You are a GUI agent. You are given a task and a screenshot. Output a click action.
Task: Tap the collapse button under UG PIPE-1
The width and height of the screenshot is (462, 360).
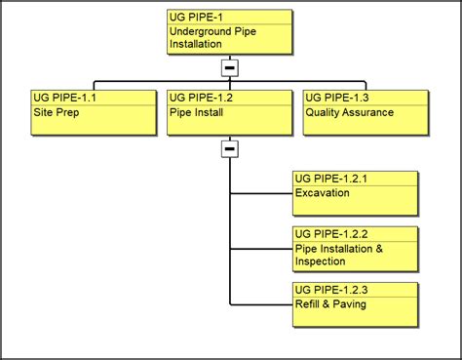(x=229, y=67)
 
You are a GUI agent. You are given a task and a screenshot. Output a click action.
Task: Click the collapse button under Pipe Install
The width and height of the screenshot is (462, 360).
(x=229, y=149)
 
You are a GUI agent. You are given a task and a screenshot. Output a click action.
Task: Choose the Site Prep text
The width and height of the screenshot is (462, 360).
(x=55, y=112)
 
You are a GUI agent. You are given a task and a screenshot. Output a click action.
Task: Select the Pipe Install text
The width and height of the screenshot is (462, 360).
(x=195, y=112)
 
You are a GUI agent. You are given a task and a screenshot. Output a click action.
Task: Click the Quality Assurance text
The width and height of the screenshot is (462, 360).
(x=349, y=112)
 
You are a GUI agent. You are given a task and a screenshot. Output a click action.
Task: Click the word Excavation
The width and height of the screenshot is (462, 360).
(x=323, y=193)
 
